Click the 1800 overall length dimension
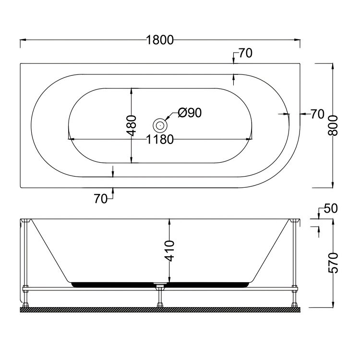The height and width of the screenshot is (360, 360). tap(160, 40)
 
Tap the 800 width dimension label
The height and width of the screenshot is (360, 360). tap(333, 126)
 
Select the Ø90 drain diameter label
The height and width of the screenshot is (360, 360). tap(190, 113)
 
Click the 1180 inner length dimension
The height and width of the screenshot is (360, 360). tap(160, 139)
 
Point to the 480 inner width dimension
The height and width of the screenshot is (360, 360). tap(132, 126)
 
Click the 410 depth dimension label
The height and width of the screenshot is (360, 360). tap(170, 251)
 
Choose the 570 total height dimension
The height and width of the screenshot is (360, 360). tap(333, 263)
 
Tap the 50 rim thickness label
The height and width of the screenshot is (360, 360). tap(331, 208)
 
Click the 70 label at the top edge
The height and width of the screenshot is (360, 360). tap(246, 53)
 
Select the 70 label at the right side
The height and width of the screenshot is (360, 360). tap(318, 114)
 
